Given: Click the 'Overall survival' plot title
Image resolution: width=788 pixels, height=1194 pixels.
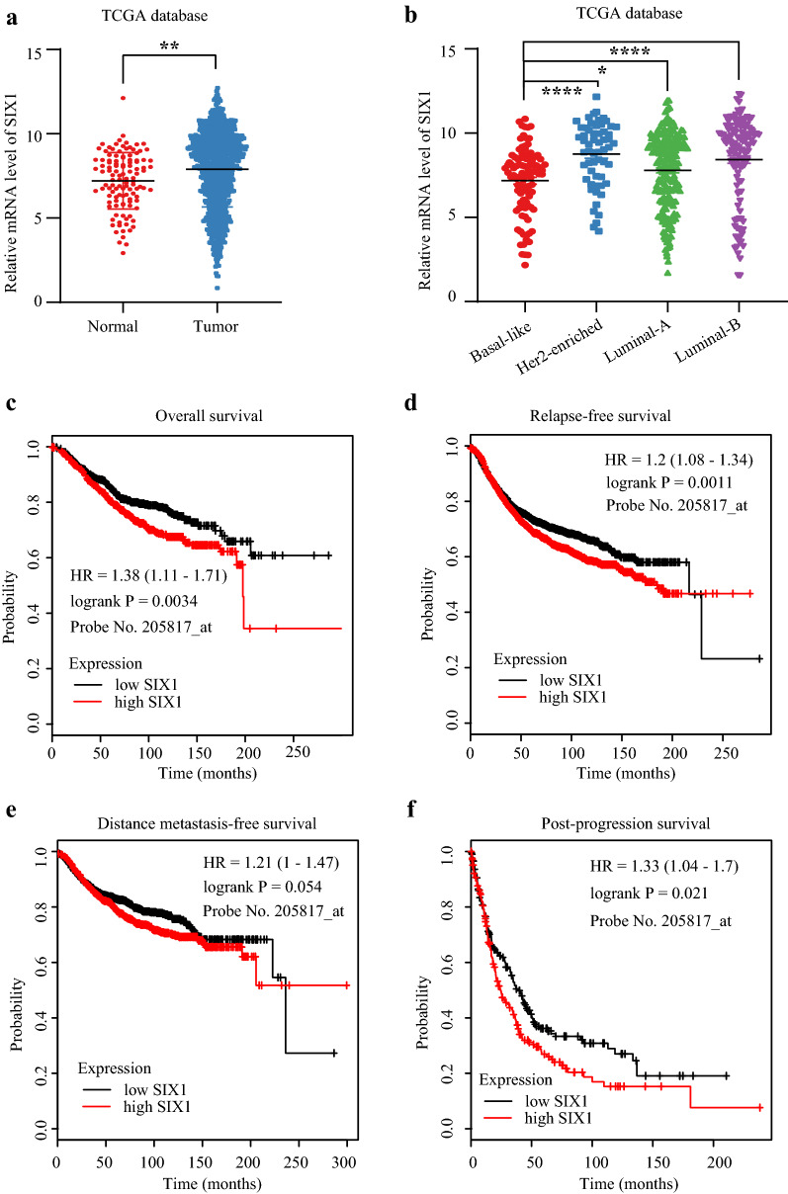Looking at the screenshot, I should tap(209, 415).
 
